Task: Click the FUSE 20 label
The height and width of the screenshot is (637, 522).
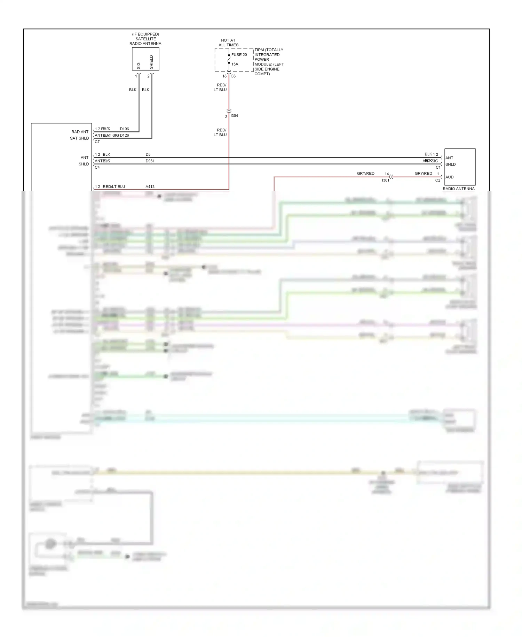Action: pos(239,55)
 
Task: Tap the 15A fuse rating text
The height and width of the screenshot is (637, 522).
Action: pos(235,64)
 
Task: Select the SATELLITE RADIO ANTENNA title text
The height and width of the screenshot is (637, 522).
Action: pos(145,41)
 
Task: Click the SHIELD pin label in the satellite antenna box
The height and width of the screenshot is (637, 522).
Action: pos(151,62)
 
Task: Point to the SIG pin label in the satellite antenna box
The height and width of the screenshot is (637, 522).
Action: pos(139,65)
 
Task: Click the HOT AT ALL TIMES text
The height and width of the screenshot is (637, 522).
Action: pos(228,43)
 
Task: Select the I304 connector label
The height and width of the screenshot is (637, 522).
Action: pos(235,116)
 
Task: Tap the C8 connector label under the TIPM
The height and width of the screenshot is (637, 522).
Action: pos(233,76)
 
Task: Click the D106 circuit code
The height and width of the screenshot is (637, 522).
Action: pos(124,129)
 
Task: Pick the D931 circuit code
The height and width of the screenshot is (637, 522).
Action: pos(150,161)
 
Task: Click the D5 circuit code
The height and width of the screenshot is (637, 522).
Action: pos(148,154)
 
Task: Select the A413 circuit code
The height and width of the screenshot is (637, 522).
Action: pos(150,187)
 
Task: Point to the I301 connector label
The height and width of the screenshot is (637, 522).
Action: pos(386,180)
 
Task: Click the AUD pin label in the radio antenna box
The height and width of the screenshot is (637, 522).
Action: pos(449,177)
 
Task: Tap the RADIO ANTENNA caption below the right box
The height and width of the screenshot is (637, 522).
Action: pos(458,189)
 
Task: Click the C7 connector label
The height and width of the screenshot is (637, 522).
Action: pos(97,142)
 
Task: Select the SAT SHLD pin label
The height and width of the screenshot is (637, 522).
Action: pos(79,138)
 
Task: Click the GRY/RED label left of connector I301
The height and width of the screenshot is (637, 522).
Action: pos(365,174)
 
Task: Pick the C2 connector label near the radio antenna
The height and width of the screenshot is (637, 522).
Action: pos(437,180)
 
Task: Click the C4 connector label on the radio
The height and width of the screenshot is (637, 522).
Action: pos(97,167)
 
